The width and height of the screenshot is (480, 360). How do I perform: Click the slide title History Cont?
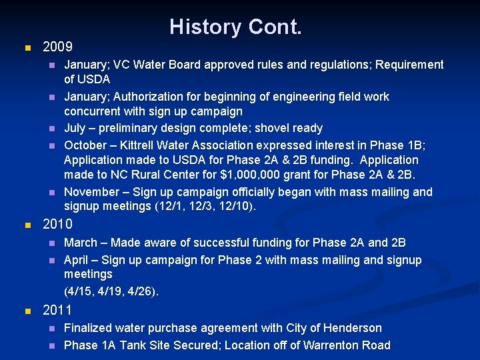click(x=235, y=27)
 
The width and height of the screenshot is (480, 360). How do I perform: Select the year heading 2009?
click(x=57, y=48)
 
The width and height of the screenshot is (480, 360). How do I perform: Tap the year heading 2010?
click(x=57, y=225)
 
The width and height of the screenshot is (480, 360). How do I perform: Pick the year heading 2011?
click(x=57, y=310)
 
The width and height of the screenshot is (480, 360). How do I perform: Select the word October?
click(x=86, y=145)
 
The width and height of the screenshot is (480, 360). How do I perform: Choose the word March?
click(x=80, y=243)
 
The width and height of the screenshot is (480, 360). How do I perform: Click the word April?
click(x=76, y=260)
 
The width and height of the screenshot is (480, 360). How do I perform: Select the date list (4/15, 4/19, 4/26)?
click(x=111, y=291)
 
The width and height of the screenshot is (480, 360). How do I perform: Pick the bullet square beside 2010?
click(x=27, y=225)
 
